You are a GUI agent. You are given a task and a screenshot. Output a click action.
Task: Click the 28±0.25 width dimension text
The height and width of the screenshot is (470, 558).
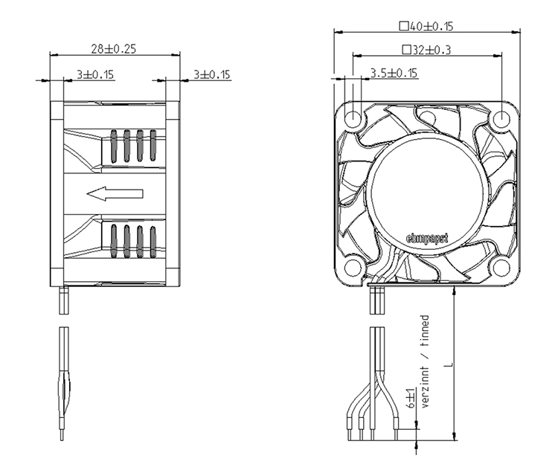(x=114, y=49)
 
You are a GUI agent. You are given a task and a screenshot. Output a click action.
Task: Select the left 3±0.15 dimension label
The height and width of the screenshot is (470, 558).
(x=95, y=74)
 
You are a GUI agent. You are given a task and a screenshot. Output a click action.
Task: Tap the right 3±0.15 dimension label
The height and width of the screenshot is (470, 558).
(x=212, y=74)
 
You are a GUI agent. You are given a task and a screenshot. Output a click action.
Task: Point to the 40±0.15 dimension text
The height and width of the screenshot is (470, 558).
(x=432, y=26)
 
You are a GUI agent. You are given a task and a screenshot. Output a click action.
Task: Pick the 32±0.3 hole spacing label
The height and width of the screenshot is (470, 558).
(x=432, y=50)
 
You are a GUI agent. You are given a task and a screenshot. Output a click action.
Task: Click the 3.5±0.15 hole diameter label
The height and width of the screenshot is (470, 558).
(x=394, y=73)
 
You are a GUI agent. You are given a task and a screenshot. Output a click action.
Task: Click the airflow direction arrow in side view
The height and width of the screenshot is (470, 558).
(x=115, y=193)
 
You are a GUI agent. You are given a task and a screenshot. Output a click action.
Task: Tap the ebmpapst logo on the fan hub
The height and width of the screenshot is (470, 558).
(x=427, y=239)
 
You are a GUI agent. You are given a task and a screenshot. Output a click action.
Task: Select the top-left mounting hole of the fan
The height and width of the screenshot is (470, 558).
(x=353, y=117)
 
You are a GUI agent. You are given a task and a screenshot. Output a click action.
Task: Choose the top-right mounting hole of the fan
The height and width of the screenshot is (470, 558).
(x=501, y=117)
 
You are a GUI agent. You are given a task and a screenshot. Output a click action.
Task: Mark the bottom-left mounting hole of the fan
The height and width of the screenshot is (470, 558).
(x=353, y=267)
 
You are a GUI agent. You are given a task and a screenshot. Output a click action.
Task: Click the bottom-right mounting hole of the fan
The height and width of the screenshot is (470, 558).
(x=501, y=267)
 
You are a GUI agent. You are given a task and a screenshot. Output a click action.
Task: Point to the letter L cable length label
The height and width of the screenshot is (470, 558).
(x=449, y=364)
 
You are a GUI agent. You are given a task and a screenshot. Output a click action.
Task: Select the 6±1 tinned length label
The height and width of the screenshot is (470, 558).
(x=411, y=398)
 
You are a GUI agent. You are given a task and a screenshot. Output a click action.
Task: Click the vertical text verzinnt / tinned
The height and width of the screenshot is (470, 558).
(x=425, y=361)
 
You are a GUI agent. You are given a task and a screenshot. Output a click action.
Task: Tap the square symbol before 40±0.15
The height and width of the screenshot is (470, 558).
(x=403, y=26)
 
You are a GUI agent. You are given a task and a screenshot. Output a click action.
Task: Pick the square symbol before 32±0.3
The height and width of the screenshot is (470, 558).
(x=406, y=50)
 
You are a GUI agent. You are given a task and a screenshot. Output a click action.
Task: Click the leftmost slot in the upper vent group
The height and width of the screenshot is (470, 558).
(x=114, y=147)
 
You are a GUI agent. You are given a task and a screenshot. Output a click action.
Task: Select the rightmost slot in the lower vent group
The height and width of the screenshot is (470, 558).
(x=153, y=242)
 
